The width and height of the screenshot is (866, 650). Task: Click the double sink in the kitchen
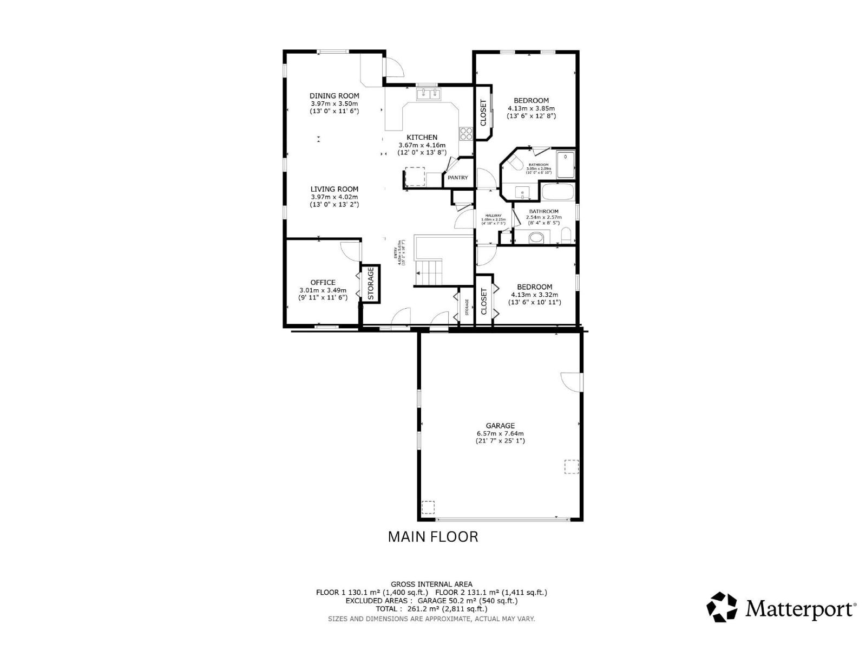pyautogui.click(x=429, y=95)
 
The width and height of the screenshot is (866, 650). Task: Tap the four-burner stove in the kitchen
pyautogui.click(x=466, y=133)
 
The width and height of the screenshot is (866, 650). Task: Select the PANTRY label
pyautogui.click(x=458, y=178)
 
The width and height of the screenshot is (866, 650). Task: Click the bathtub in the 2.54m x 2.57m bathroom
pyautogui.click(x=557, y=194)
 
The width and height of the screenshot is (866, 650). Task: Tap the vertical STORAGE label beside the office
pyautogui.click(x=371, y=283)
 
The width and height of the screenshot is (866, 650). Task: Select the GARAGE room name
pyautogui.click(x=500, y=426)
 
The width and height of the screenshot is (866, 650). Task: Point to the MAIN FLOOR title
pyautogui.click(x=433, y=537)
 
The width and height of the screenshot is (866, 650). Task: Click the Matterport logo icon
pyautogui.click(x=722, y=607)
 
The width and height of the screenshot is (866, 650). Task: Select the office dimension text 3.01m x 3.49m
pyautogui.click(x=323, y=290)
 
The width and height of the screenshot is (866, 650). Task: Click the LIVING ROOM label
pyautogui.click(x=334, y=189)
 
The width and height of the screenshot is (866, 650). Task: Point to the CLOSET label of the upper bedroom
pyautogui.click(x=483, y=112)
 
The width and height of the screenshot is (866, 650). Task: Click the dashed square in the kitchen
pyautogui.click(x=415, y=177)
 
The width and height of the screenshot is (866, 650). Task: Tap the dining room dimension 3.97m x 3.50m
pyautogui.click(x=334, y=103)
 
